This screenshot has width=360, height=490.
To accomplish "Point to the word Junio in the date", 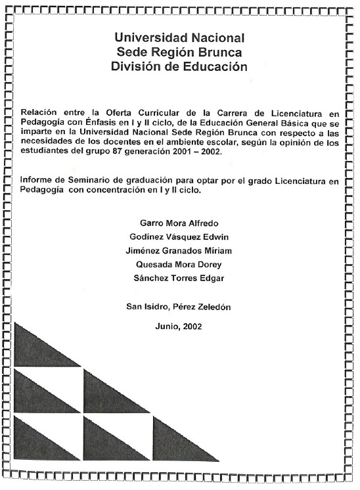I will (x=169, y=325).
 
